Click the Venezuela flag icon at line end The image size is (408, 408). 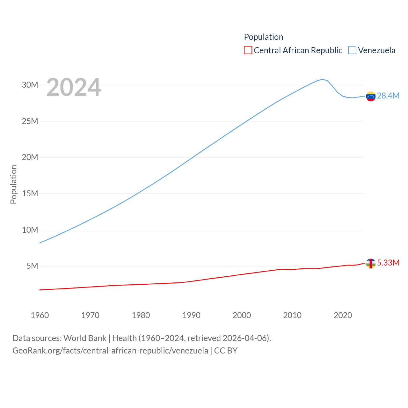[x=371, y=96]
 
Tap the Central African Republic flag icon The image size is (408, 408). [x=371, y=264]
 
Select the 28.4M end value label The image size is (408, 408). [x=388, y=96]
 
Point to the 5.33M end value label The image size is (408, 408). [x=388, y=263]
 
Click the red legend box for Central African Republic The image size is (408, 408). [x=248, y=50]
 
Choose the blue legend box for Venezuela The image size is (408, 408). [x=352, y=50]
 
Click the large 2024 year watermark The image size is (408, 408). [x=74, y=87]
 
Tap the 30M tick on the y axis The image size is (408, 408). [x=30, y=85]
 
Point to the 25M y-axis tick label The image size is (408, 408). [x=30, y=121]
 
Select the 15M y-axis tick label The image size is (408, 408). [x=30, y=193]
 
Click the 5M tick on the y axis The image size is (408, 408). [x=32, y=266]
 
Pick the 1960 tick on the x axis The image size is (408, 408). [x=40, y=315]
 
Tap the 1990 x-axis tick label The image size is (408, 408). [x=191, y=315]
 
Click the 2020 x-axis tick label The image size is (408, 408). [x=343, y=315]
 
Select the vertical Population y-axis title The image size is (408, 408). [x=13, y=184]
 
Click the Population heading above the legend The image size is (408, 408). [x=264, y=37]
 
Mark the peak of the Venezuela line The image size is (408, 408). [x=322, y=79]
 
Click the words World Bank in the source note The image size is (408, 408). [x=85, y=338]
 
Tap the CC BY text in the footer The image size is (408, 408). [x=226, y=351]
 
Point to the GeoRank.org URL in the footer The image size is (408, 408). [x=110, y=351]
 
